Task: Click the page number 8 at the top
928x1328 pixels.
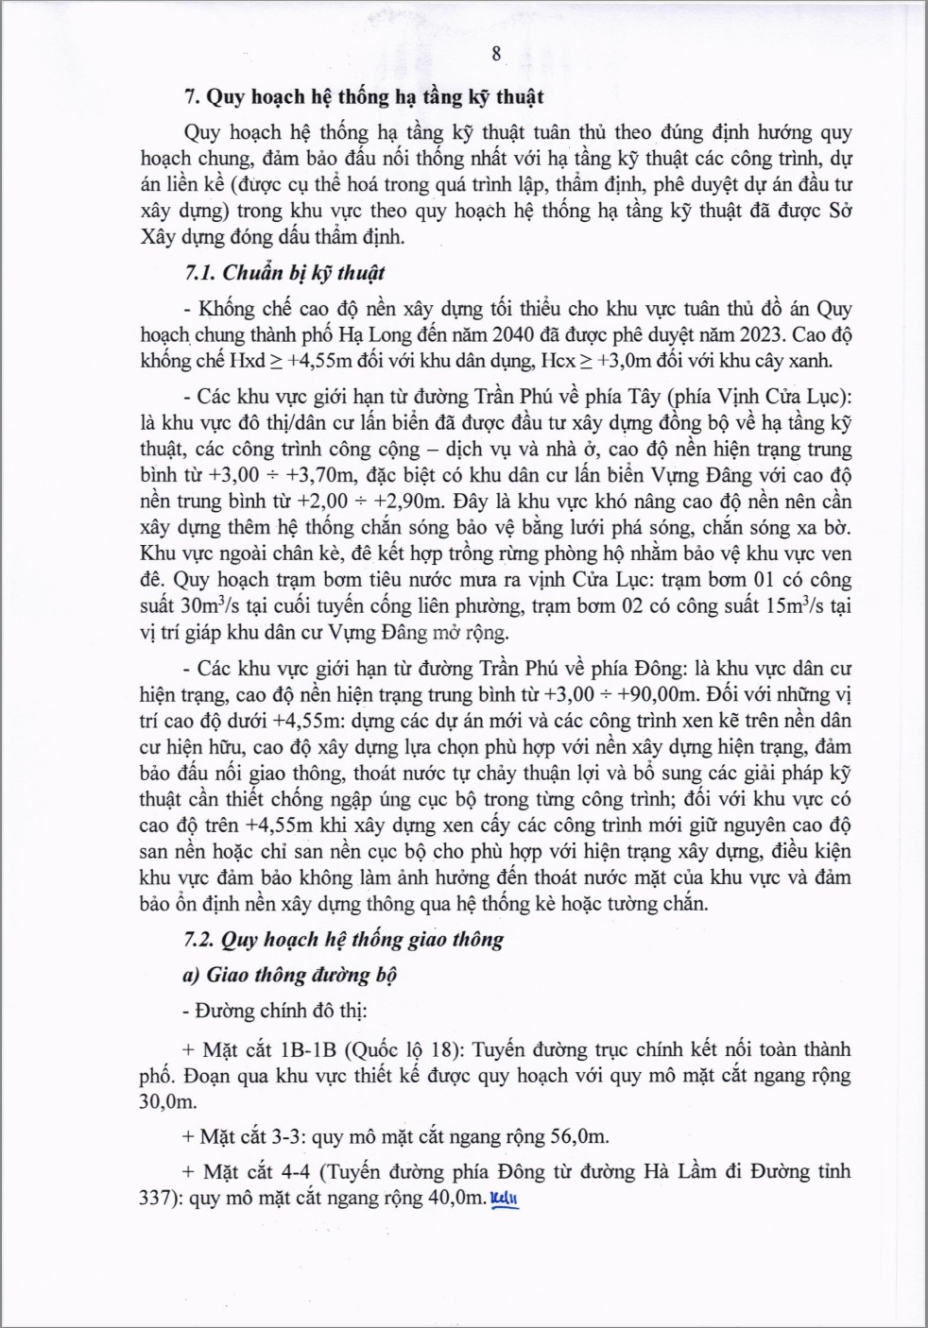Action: tap(496, 53)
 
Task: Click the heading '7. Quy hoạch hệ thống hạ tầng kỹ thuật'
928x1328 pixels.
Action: tap(364, 96)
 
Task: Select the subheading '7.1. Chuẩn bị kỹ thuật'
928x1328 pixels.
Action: tap(284, 273)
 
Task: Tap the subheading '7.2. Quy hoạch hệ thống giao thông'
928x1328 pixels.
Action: tap(344, 940)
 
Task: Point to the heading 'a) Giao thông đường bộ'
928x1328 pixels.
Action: tap(290, 975)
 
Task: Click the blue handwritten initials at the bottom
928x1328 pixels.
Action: tap(506, 1200)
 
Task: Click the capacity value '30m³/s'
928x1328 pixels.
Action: tap(180, 605)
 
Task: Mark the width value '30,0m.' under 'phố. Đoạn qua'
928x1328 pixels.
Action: tap(168, 1101)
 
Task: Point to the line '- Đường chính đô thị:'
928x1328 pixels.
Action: tap(275, 1012)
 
